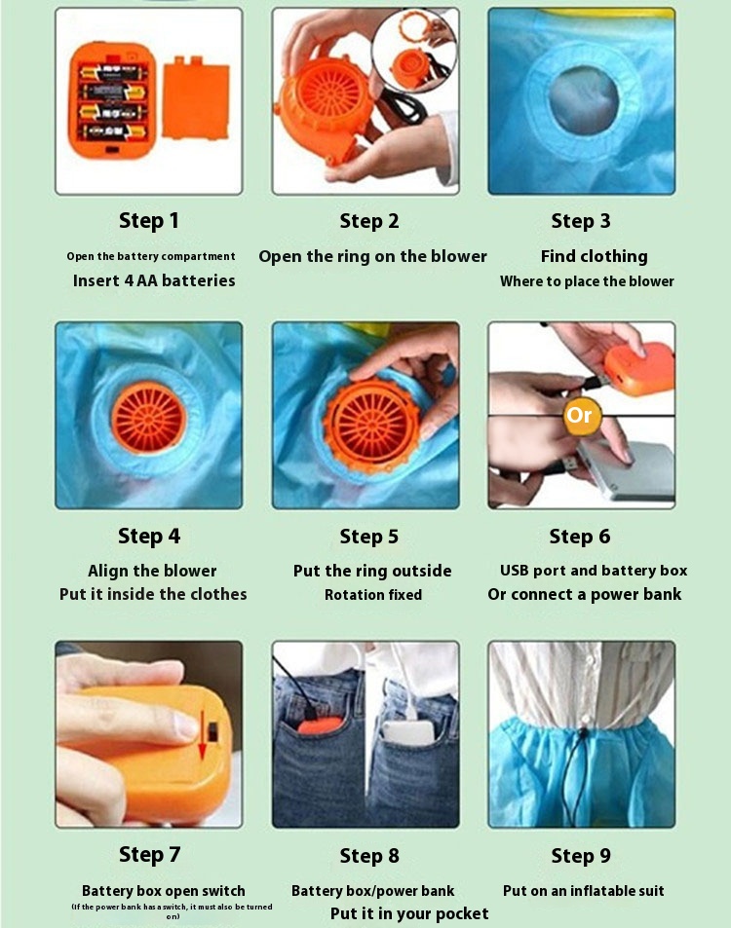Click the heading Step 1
point(149,221)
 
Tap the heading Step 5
point(369,537)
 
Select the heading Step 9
point(581,855)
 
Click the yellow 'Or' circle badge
point(579,415)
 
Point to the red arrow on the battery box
point(203,735)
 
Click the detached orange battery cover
point(196,97)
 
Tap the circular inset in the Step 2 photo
point(414,51)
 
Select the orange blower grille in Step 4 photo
point(149,416)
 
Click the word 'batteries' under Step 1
point(199,280)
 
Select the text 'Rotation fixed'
point(373,595)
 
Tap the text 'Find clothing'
point(595,256)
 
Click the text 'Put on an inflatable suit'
point(584,891)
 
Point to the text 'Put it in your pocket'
point(409,913)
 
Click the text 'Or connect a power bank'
point(585,594)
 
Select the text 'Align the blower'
point(152,572)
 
